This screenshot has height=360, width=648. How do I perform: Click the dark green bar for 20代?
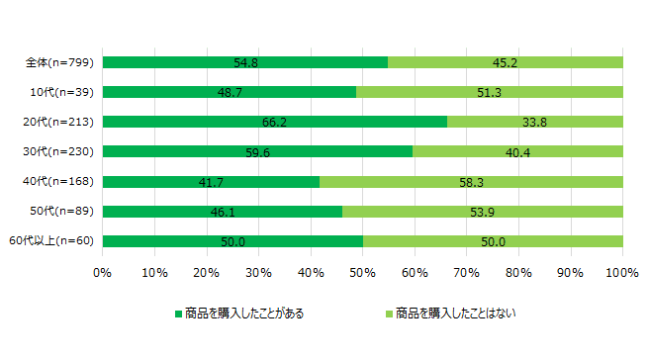coord(275,122)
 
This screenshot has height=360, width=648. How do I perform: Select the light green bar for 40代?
coord(471,182)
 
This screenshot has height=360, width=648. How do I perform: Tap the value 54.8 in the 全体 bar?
coord(246,63)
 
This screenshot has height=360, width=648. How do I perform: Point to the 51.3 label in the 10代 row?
coord(490,93)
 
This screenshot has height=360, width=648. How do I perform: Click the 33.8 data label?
coord(535,123)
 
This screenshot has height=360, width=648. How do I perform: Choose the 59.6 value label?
coord(258,153)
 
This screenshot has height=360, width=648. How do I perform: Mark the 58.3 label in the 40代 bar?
coord(472,183)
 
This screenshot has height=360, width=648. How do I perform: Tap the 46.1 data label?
coord(223,213)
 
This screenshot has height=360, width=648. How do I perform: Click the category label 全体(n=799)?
coord(59,62)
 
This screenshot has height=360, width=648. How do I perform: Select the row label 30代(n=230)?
coord(58,151)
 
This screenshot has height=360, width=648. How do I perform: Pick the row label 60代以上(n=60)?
coord(51,240)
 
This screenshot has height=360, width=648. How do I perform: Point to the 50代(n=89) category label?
coord(62,211)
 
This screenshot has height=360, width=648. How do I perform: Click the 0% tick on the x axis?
coord(103,273)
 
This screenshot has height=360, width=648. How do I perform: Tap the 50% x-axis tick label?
coord(363,273)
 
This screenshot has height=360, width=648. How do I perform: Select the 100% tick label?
coord(622,273)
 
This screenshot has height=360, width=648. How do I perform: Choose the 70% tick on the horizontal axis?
coord(467,273)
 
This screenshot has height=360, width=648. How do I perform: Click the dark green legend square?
coord(178,315)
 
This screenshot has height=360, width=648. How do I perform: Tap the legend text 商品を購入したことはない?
coord(456,314)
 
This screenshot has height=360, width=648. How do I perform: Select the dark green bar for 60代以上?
coord(232,241)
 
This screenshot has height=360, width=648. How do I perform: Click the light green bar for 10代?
coord(490,92)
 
